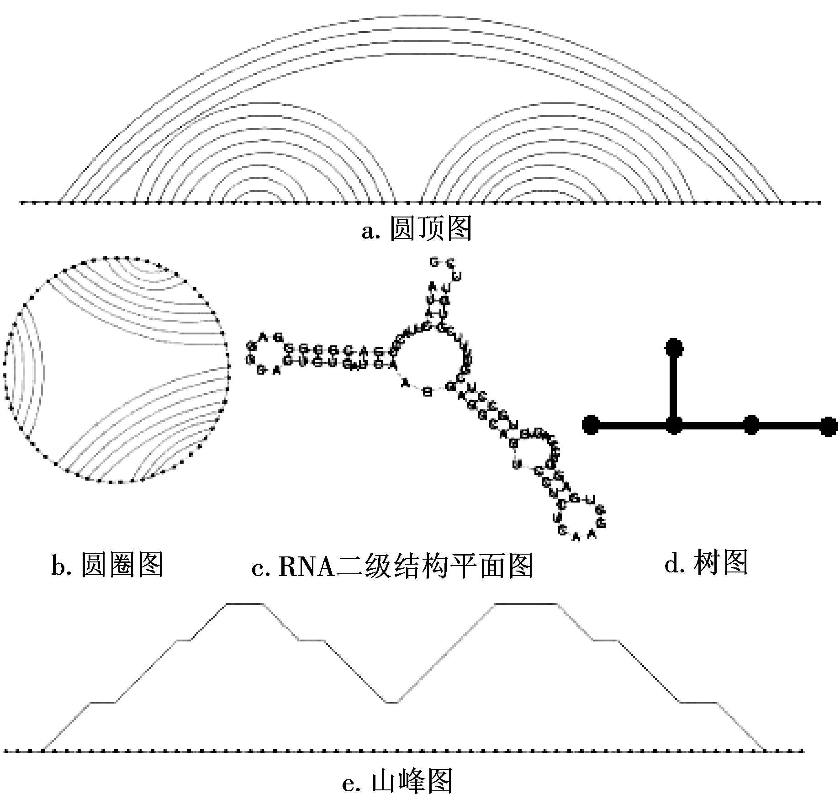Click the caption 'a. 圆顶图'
click(416, 228)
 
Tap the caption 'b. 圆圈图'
click(107, 566)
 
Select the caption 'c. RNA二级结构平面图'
click(392, 566)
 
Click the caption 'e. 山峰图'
click(397, 780)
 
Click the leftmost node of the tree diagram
click(591, 425)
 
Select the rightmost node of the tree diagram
click(828, 426)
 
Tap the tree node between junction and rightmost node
click(751, 425)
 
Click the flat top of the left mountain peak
click(245, 604)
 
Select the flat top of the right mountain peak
click(526, 604)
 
